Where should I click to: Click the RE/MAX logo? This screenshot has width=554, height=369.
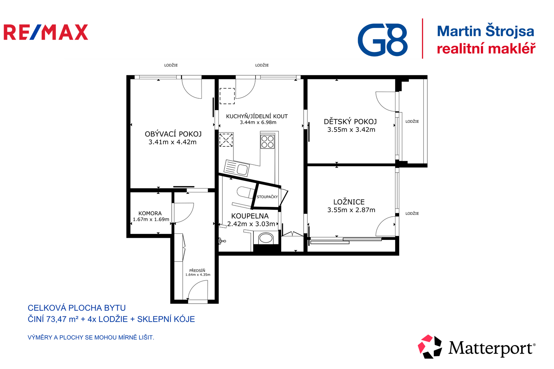(x=46, y=32)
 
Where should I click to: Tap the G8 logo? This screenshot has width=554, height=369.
(x=382, y=39)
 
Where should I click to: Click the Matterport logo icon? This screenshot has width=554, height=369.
(x=430, y=346)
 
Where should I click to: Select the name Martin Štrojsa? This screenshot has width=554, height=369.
(x=485, y=31)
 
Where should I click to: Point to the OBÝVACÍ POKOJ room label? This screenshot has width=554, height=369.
(x=173, y=134)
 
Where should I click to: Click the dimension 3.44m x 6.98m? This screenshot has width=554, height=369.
(x=258, y=123)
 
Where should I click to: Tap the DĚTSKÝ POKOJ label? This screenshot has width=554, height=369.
(x=350, y=122)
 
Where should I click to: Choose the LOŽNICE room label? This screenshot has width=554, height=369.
(x=349, y=202)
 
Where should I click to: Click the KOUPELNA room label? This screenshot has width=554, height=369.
(x=250, y=216)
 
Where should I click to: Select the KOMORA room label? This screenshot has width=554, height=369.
(x=150, y=213)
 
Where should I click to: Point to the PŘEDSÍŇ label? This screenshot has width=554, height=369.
(x=197, y=271)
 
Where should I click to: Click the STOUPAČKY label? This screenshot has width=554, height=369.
(x=267, y=197)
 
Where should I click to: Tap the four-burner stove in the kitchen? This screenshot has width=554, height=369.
(x=267, y=142)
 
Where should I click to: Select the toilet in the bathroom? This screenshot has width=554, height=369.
(x=245, y=192)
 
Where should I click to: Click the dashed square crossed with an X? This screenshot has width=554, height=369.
(x=226, y=140)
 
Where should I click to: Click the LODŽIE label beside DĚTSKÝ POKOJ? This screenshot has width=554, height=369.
(x=412, y=121)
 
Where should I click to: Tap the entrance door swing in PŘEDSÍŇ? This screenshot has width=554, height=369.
(x=198, y=290)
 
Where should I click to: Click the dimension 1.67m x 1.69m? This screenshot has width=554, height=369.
(x=151, y=219)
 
